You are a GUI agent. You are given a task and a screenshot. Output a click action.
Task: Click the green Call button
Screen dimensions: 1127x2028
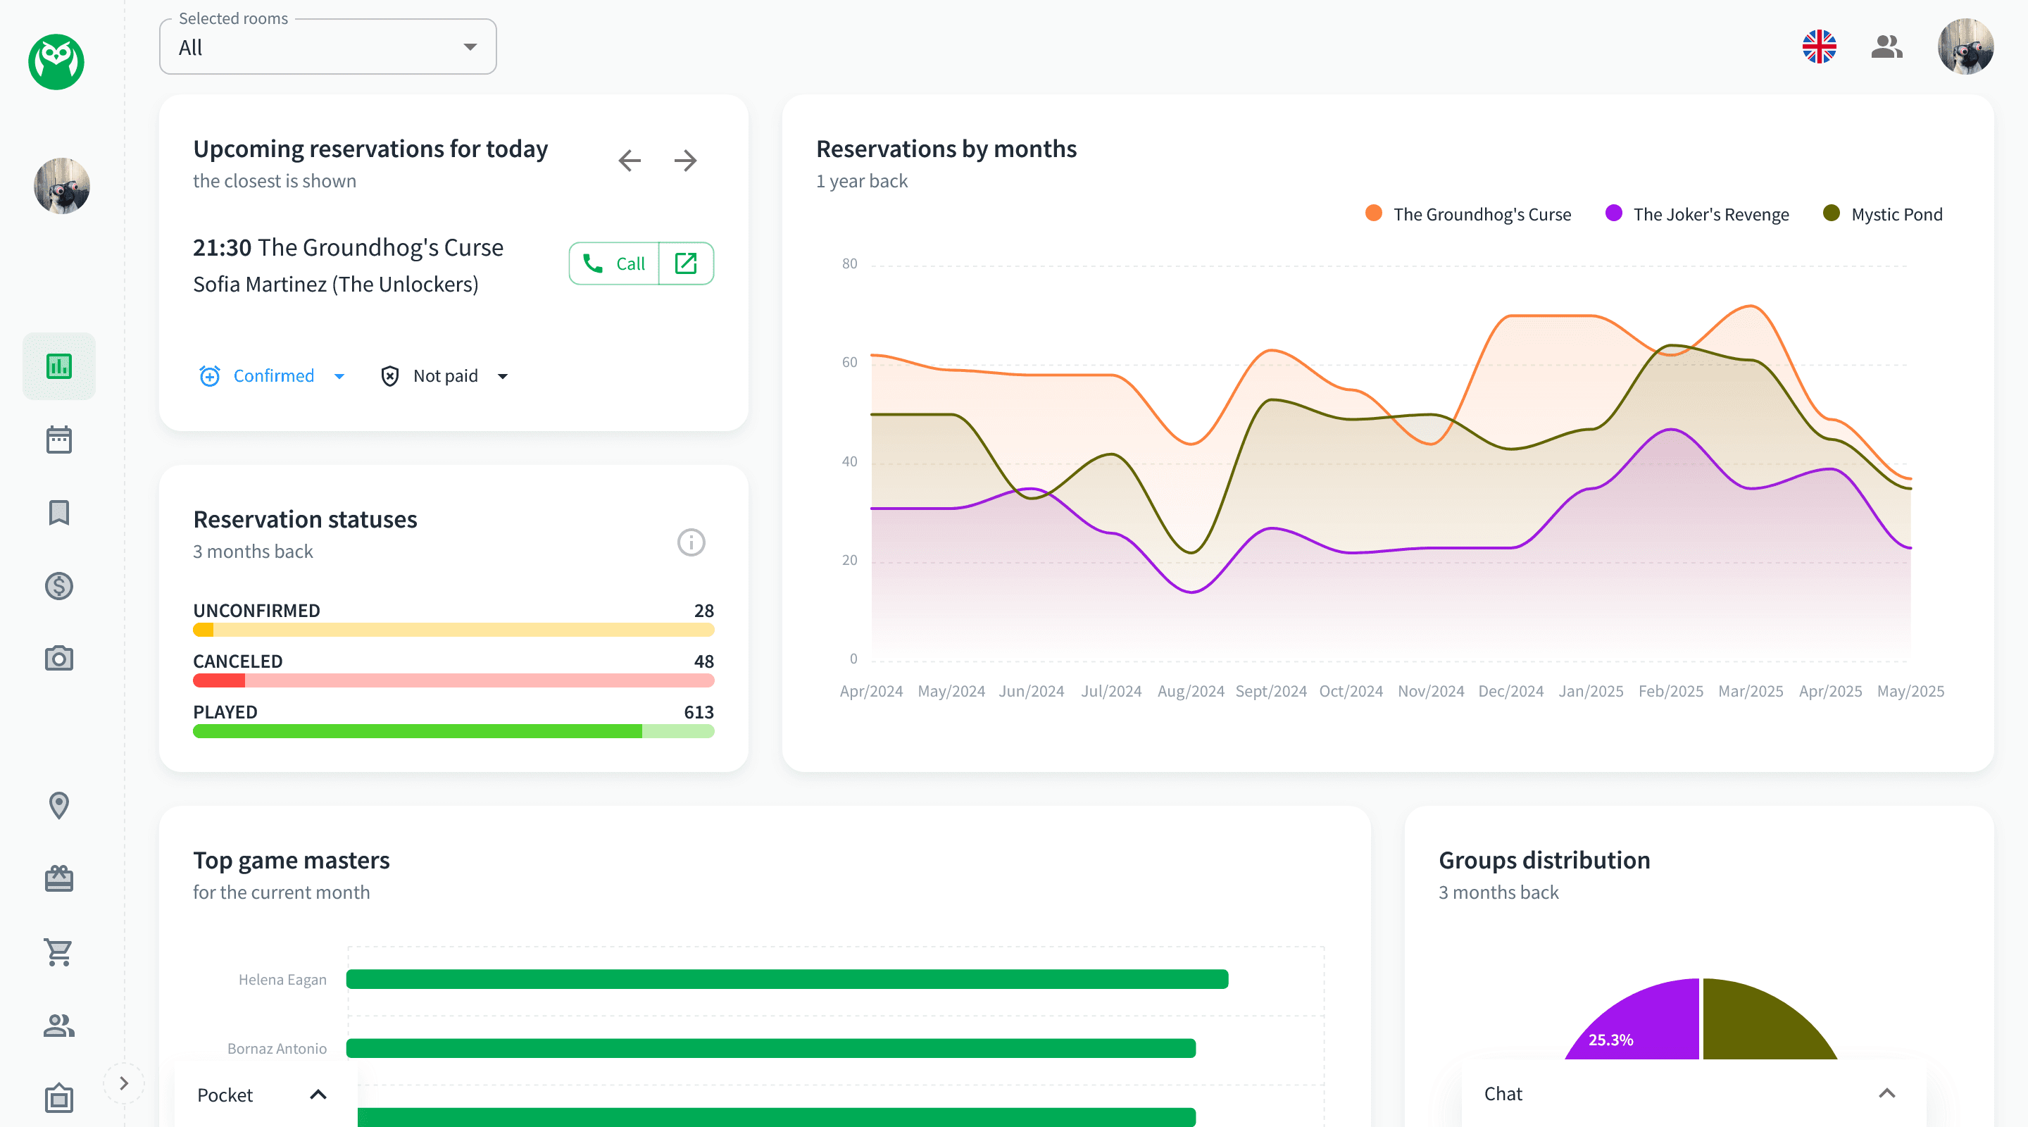pos(613,264)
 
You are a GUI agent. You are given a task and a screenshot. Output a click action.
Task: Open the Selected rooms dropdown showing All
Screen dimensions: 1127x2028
pos(327,47)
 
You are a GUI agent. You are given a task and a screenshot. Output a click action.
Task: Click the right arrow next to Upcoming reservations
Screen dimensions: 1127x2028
pos(685,161)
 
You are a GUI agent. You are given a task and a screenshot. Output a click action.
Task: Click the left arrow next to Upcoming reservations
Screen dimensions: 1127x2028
pos(629,161)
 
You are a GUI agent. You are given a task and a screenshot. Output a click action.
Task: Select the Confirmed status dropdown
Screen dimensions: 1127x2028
pos(273,375)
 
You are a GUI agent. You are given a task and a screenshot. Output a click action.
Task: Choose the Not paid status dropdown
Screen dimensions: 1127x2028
pos(445,375)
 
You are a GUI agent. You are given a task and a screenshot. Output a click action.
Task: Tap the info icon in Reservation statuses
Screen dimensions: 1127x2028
pos(690,542)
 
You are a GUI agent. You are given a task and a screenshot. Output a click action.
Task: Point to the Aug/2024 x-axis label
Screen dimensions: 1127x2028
pos(1190,691)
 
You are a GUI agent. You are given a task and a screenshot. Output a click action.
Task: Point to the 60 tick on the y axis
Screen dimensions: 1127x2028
pos(849,362)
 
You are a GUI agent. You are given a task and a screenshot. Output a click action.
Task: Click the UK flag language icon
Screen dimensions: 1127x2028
pos(1819,47)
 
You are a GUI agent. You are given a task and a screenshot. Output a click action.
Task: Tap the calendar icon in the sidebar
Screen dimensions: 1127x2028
pos(59,440)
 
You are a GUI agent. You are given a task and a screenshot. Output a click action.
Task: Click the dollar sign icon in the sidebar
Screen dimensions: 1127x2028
pos(59,586)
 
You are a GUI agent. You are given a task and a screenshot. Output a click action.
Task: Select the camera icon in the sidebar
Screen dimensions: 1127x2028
pos(59,659)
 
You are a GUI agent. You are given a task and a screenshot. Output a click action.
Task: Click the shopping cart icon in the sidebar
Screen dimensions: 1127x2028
pos(59,952)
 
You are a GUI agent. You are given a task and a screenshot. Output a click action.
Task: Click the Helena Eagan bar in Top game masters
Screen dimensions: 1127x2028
pos(787,979)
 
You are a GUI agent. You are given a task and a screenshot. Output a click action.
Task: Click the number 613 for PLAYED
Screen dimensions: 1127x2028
pos(699,712)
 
